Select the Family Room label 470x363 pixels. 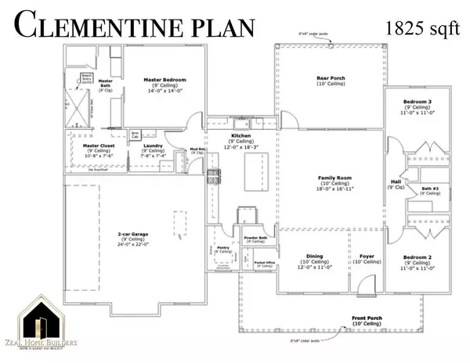click(327, 178)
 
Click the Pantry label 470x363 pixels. click(223, 247)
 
